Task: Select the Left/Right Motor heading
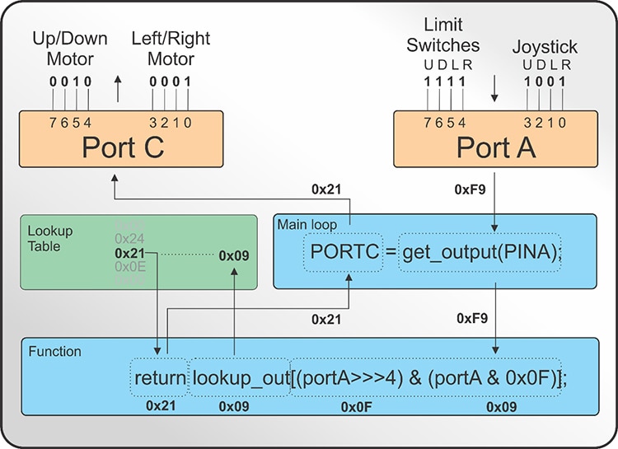coord(171,49)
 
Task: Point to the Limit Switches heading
coord(442,35)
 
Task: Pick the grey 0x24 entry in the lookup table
coord(129,239)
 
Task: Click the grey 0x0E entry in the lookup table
coord(129,268)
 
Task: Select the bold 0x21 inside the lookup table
coord(129,254)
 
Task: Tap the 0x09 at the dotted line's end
coord(234,255)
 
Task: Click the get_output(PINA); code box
coord(481,254)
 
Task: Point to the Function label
coord(54,351)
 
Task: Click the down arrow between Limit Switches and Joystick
coord(494,86)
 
